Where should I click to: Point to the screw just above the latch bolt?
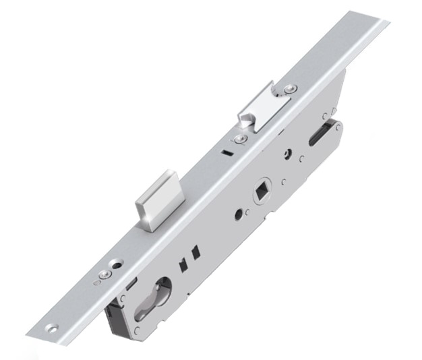[290, 88]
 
